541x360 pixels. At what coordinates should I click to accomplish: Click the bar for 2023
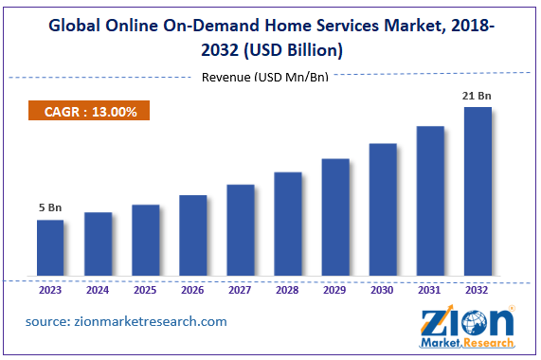pos(50,249)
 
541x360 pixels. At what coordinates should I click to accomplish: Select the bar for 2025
pos(145,242)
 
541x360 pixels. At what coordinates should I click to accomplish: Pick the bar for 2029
pos(334,219)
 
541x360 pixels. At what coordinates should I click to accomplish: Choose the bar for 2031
pos(429,203)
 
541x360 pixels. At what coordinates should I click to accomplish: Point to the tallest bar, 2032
pos(477,193)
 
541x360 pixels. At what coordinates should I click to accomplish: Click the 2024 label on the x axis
pos(98,291)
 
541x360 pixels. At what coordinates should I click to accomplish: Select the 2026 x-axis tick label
pos(192,291)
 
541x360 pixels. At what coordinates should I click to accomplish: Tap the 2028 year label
pos(287,291)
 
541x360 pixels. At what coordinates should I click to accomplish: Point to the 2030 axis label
pos(382,291)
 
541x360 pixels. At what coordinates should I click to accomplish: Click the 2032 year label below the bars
pos(477,291)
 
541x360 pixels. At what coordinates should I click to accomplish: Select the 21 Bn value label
pos(477,96)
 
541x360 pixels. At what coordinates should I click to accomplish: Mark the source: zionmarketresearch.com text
pos(127,321)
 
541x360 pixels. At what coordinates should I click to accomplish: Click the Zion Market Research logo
pos(468,327)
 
